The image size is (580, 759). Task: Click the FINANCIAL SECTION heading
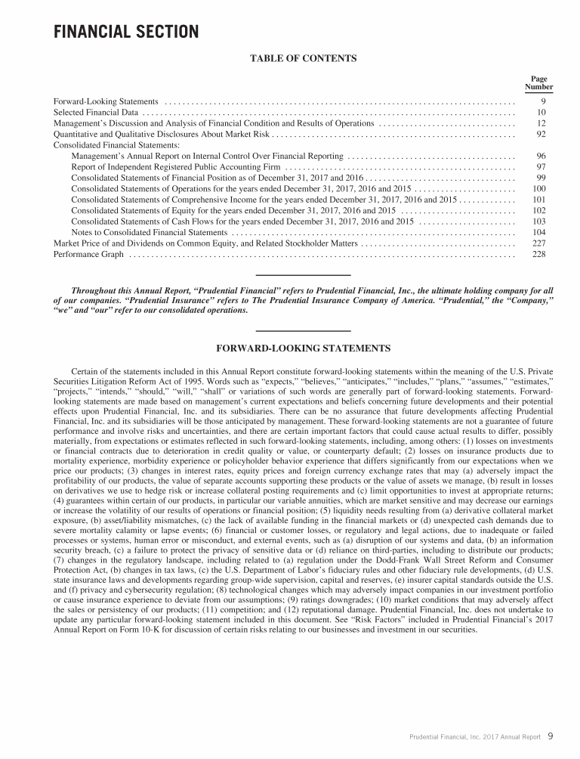coord(126,32)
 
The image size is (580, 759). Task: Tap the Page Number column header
coord(539,83)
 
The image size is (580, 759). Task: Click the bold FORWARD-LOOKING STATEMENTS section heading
coord(303,349)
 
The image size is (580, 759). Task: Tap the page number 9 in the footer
coord(551,735)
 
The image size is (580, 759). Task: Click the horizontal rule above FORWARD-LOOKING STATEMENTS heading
coord(303,331)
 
